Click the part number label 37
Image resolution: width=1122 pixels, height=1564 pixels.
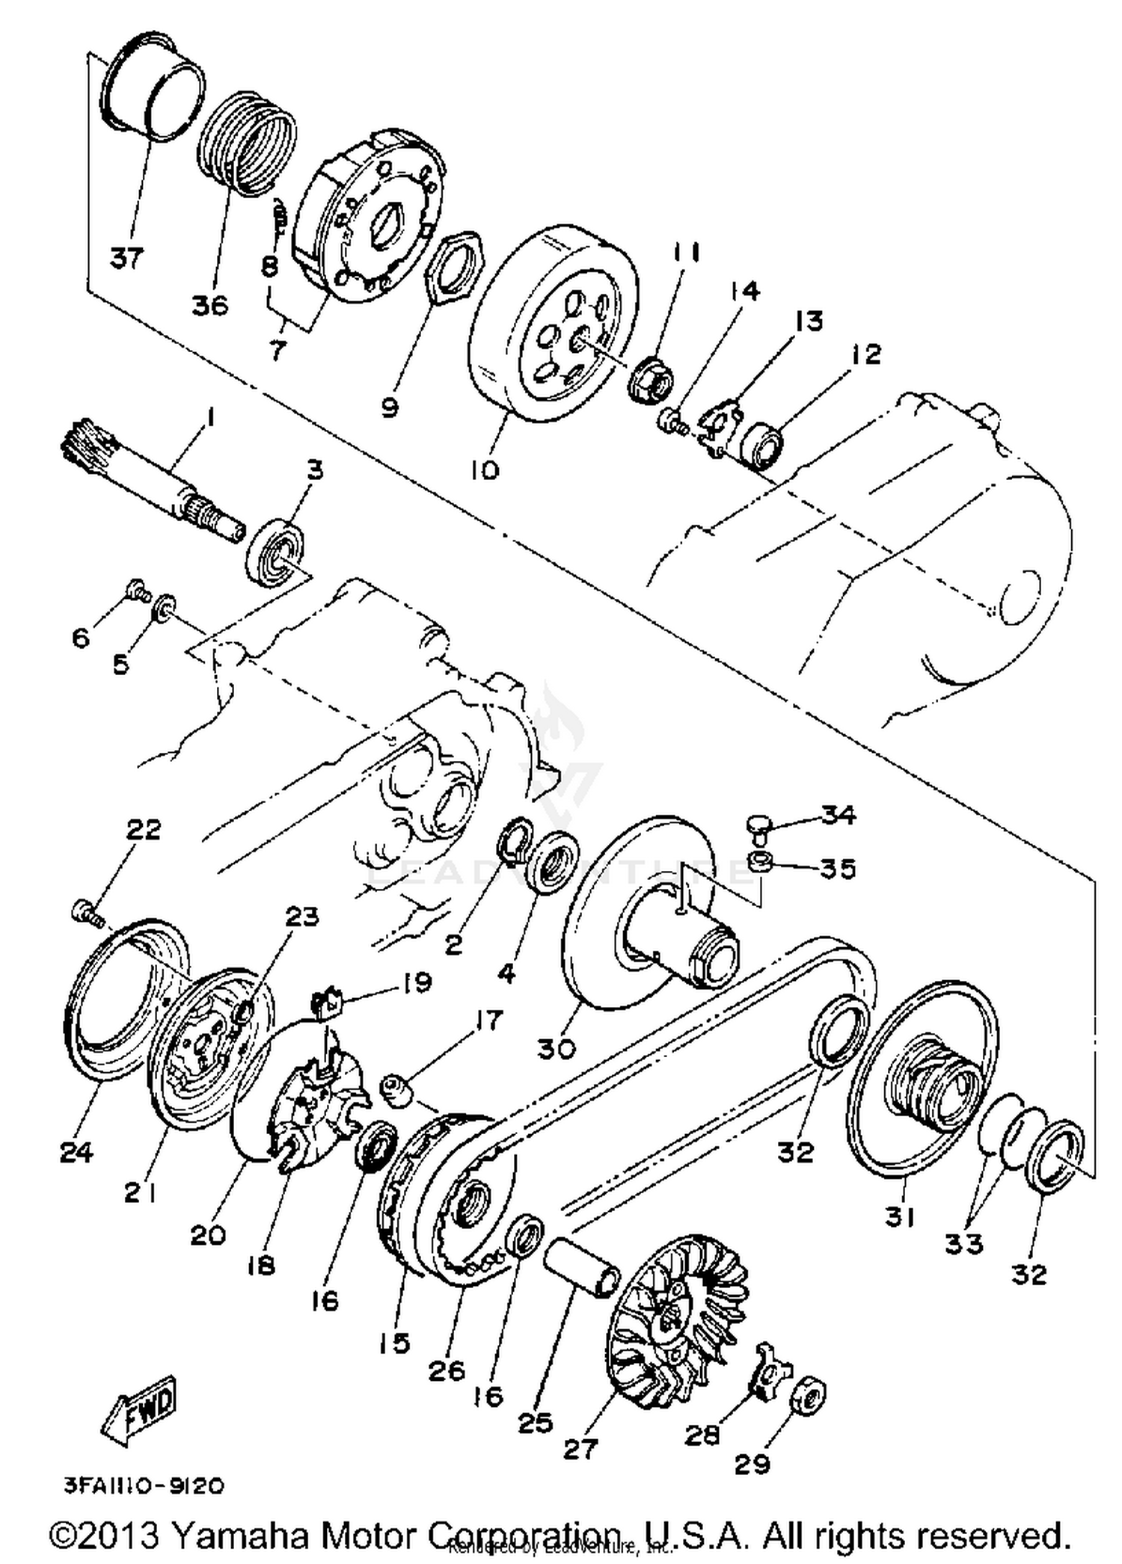point(126,258)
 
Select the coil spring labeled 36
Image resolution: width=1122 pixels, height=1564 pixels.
point(250,142)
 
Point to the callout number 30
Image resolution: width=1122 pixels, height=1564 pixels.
point(557,1049)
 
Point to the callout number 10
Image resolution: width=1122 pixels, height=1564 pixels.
point(485,469)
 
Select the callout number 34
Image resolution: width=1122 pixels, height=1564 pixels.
point(838,814)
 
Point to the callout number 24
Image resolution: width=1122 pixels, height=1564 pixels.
point(76,1152)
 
